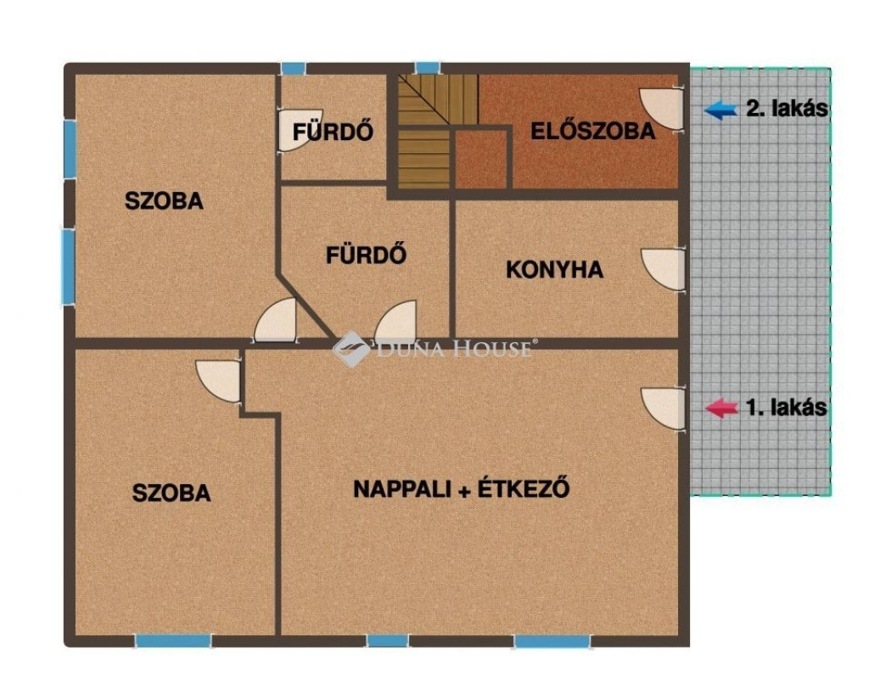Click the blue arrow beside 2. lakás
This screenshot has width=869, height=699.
pos(720,110)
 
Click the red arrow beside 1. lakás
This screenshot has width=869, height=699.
pos(721,408)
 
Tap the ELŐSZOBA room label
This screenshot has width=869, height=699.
pos(593,132)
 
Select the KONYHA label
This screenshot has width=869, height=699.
pos(555,269)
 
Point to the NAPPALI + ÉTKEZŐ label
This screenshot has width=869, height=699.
pos(462,488)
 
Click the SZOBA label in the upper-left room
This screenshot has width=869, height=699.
pos(164,200)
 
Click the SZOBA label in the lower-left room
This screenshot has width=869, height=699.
pos(171,493)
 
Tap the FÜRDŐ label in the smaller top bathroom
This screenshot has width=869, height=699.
pos(333,132)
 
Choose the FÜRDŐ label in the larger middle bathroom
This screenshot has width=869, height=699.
pos(367,255)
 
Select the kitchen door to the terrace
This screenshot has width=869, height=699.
pos(664,269)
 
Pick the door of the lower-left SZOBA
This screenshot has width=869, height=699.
pos(219,381)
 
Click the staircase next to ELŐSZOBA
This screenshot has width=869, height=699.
pos(437,132)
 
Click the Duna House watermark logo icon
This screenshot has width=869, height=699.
pos(350,349)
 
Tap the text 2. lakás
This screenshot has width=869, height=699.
pos(787,109)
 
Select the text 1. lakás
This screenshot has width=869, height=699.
pos(787,408)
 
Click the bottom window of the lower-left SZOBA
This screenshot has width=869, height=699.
pos(173,641)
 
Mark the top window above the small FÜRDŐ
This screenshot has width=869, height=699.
pos(293,68)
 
